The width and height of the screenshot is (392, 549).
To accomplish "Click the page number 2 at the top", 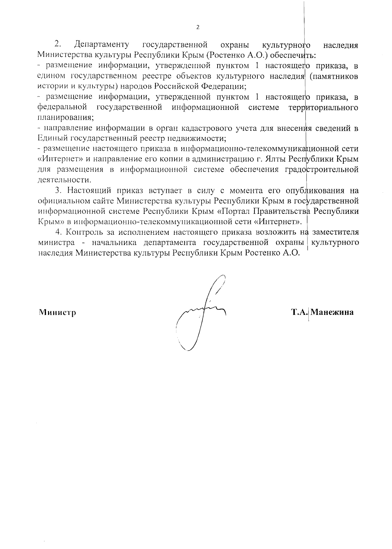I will click(x=197, y=27).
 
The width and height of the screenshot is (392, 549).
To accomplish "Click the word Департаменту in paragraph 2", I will click(x=102, y=44).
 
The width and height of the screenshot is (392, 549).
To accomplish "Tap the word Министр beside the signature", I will click(x=57, y=312).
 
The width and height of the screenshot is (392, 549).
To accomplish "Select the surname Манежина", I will click(x=332, y=312).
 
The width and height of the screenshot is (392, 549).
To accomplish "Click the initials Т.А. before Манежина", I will click(x=300, y=312).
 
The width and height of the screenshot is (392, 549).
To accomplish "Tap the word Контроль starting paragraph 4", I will click(x=85, y=232).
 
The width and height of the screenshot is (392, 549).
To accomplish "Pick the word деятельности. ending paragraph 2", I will click(x=65, y=180).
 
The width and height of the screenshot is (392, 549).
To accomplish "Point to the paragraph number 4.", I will click(x=59, y=232).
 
